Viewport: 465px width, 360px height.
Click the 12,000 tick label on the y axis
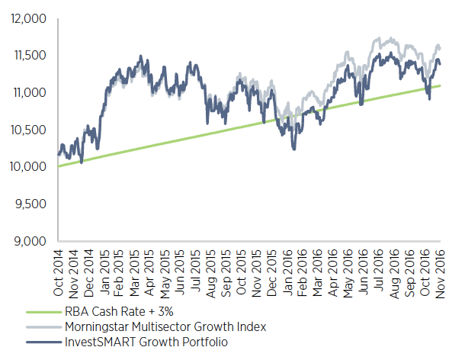coord(28,18)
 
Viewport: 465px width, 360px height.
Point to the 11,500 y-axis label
coord(29,55)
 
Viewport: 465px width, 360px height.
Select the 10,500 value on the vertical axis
coord(29,130)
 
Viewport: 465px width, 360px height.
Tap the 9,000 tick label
coord(31,242)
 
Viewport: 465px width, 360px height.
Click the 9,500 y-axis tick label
coord(31,204)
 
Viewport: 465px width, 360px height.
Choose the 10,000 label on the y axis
coord(28,167)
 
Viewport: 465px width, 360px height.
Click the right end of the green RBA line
coord(441,85)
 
